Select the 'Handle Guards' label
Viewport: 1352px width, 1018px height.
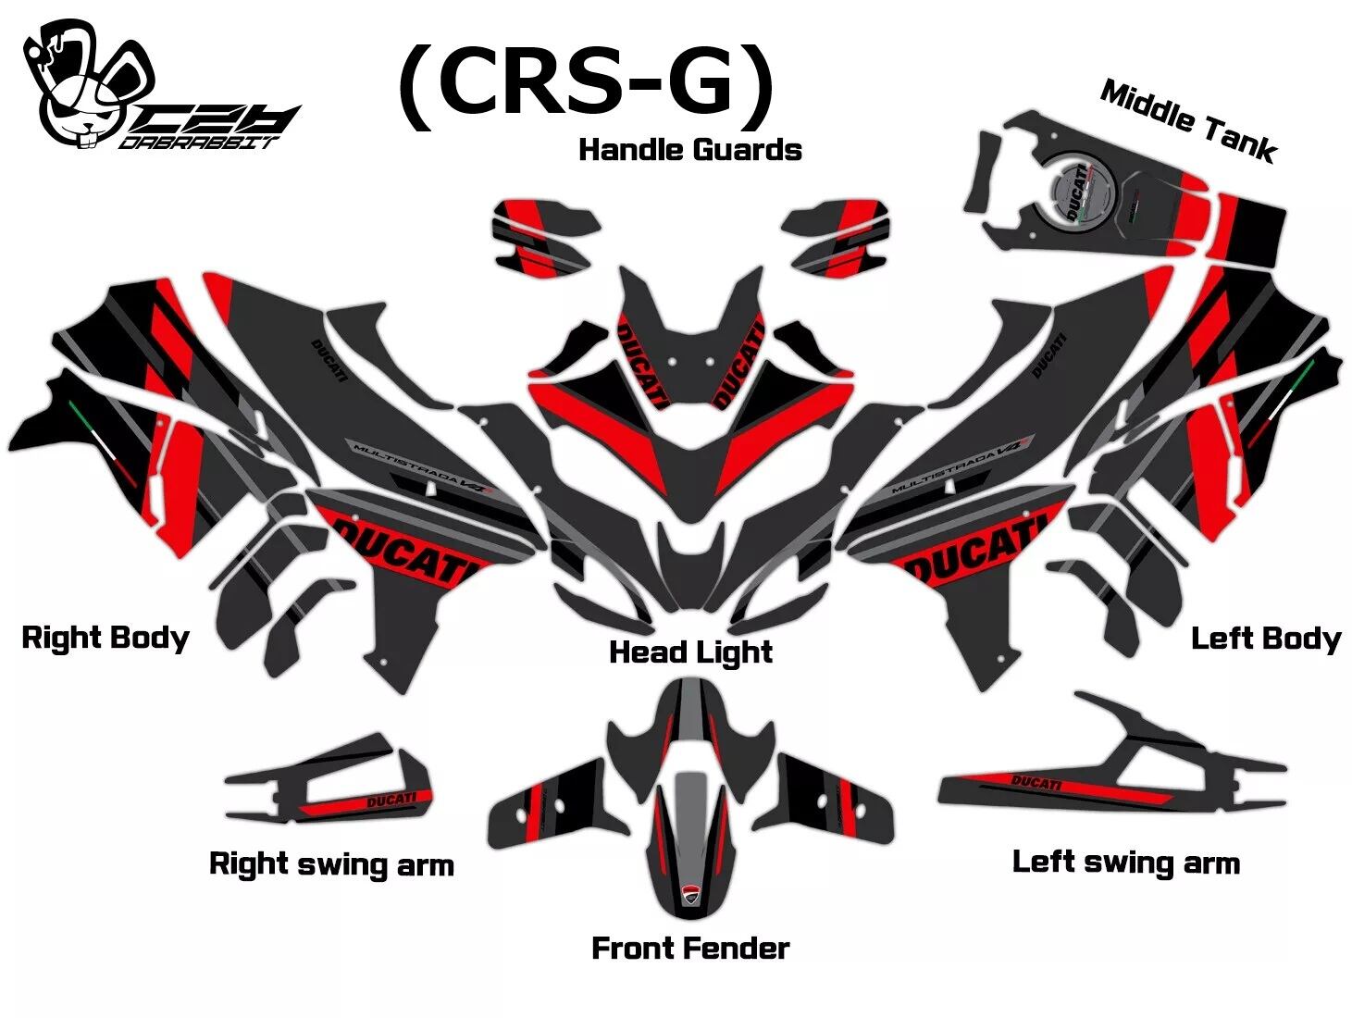click(x=689, y=150)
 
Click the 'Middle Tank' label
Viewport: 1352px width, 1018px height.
click(x=1188, y=121)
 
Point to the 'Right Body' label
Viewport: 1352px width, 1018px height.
click(x=105, y=638)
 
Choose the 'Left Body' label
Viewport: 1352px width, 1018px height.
click(x=1265, y=639)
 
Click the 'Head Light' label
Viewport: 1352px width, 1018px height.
click(x=690, y=652)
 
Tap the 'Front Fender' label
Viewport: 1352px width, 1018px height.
click(x=690, y=949)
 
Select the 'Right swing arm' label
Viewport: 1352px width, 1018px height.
click(x=331, y=864)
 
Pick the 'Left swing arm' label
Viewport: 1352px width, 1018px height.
click(x=1125, y=863)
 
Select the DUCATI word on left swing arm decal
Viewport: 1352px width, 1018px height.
click(x=1036, y=784)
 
